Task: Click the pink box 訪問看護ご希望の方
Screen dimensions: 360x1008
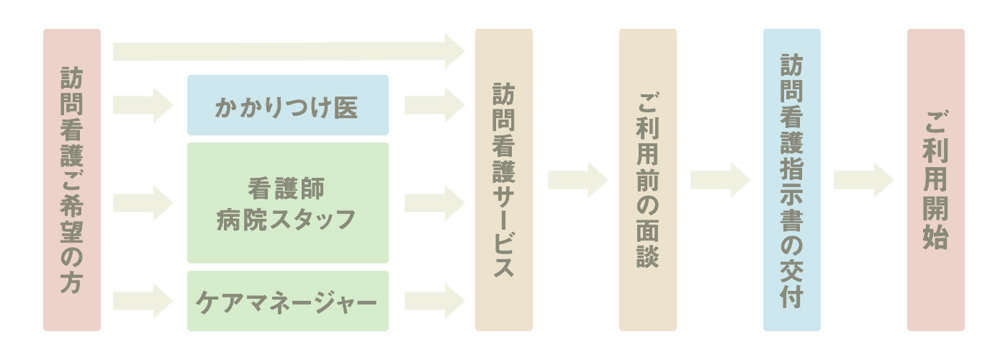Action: (x=72, y=180)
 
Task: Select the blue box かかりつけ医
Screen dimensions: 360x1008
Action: (x=287, y=105)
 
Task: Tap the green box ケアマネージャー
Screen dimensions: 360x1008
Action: (x=287, y=301)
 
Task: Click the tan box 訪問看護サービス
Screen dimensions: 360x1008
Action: (x=504, y=180)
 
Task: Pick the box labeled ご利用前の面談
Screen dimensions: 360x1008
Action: (x=648, y=180)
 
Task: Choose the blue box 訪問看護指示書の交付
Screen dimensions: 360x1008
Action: (x=792, y=180)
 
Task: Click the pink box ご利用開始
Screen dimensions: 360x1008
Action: (x=936, y=180)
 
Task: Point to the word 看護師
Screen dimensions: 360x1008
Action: (x=287, y=189)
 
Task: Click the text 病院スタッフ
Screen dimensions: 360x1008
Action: (x=287, y=218)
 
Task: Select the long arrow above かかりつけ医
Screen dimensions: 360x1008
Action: (x=288, y=51)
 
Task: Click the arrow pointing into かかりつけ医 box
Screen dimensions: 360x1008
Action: (x=143, y=105)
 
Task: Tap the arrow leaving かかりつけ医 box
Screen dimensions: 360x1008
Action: (x=434, y=105)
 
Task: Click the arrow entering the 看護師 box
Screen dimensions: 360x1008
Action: (x=143, y=203)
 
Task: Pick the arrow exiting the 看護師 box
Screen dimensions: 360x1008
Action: (x=434, y=203)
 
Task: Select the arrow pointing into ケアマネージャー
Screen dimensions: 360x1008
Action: (x=143, y=301)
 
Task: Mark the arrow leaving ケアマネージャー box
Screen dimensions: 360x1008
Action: (x=434, y=301)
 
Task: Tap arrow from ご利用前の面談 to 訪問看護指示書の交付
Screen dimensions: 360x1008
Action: (x=720, y=180)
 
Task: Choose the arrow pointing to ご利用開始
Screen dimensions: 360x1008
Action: (x=863, y=180)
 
